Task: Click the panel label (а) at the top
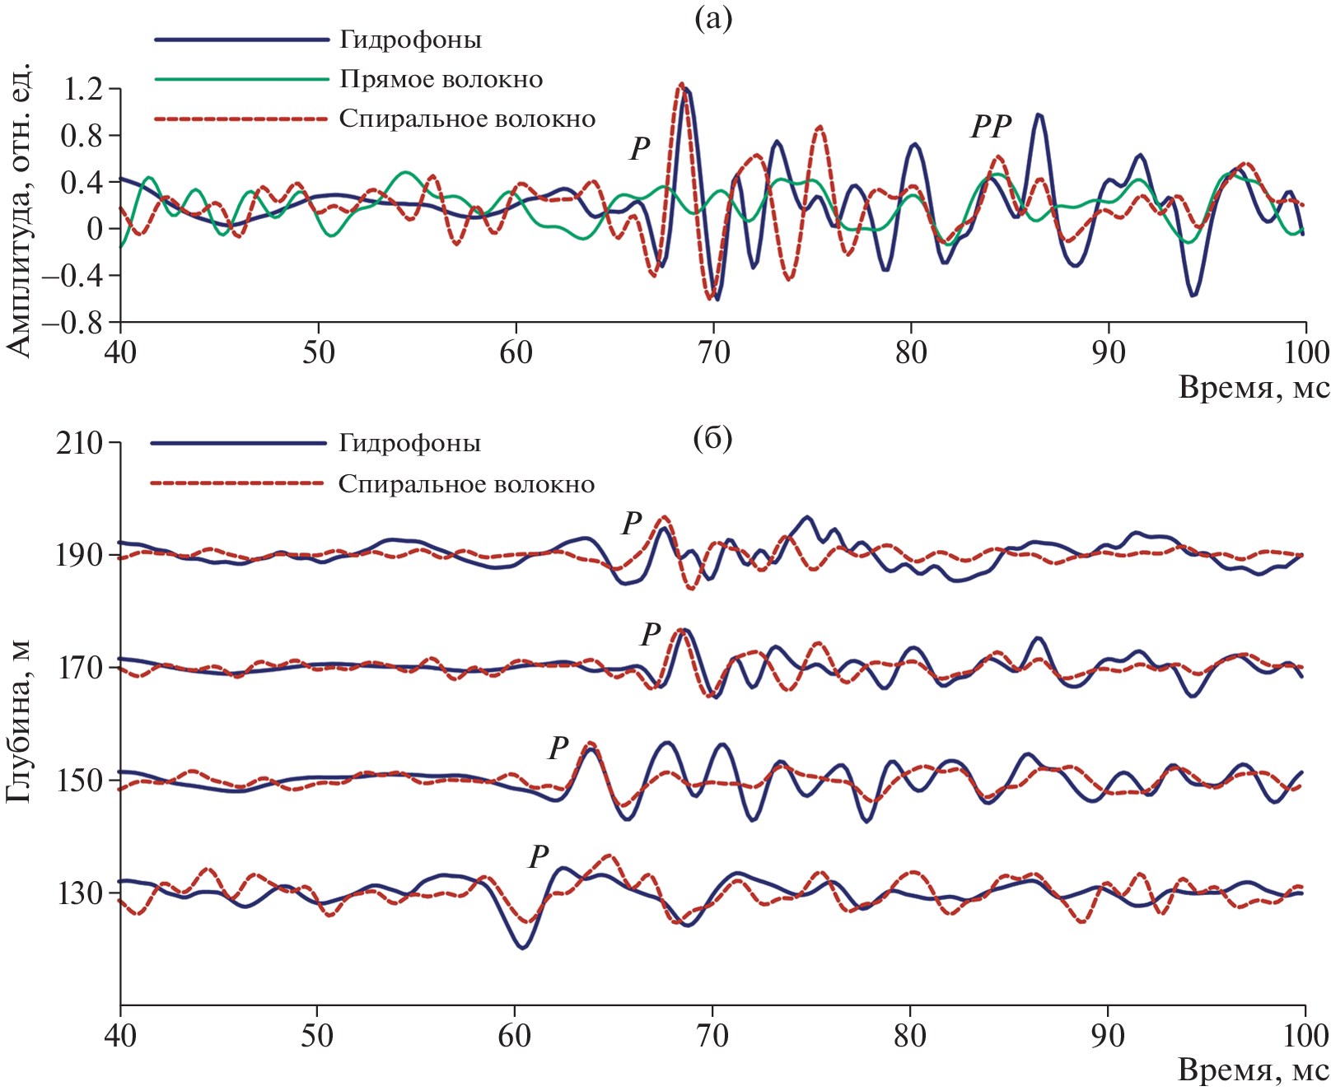click(712, 19)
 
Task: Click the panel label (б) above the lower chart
click(712, 439)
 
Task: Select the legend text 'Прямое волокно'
click(441, 79)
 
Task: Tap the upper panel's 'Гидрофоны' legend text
click(410, 40)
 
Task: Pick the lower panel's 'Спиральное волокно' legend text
click(466, 483)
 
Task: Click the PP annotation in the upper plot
click(991, 127)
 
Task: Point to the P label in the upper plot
click(640, 149)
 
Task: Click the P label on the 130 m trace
click(539, 856)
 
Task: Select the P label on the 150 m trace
click(558, 748)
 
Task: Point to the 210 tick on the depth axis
click(81, 443)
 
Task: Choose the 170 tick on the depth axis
click(81, 668)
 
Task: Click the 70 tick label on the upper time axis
click(713, 352)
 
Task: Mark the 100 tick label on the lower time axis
click(1305, 1035)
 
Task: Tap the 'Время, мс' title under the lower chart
click(1254, 1070)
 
